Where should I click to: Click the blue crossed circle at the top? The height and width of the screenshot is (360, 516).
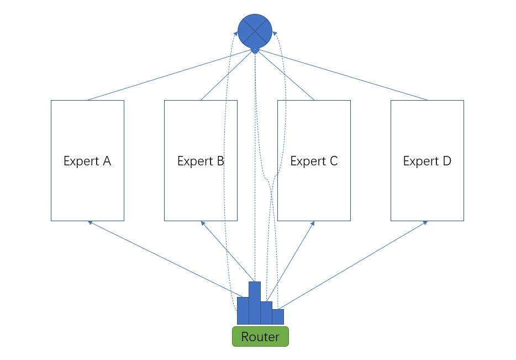tap(255, 31)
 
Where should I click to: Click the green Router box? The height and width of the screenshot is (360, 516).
tap(260, 336)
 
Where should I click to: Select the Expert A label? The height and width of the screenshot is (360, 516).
tap(87, 161)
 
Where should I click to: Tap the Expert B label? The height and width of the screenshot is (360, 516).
tap(201, 161)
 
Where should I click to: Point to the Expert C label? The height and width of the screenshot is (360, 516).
tap(314, 161)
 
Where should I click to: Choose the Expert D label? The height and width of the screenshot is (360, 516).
tap(427, 161)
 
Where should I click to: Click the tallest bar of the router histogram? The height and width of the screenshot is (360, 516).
tap(255, 303)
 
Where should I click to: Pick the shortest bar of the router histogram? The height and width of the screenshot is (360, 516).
tap(278, 317)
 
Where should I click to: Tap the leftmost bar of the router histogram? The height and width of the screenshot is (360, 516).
tap(243, 311)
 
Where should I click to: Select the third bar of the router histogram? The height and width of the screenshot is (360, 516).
tap(266, 313)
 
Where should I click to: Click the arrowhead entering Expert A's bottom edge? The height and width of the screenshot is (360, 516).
tap(89, 223)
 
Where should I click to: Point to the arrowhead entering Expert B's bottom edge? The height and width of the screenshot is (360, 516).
tap(203, 223)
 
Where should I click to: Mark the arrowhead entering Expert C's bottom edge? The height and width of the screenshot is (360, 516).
tap(313, 223)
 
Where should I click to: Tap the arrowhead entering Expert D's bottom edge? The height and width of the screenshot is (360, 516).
tap(425, 223)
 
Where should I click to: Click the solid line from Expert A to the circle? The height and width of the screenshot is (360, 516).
tap(170, 75)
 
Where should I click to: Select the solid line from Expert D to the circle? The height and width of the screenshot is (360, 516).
tap(342, 75)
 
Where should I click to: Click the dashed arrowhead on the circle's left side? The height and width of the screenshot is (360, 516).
tap(235, 34)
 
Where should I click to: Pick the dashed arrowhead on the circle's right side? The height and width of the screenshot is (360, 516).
tap(275, 34)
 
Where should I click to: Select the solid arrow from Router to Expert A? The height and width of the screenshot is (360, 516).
tap(165, 259)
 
